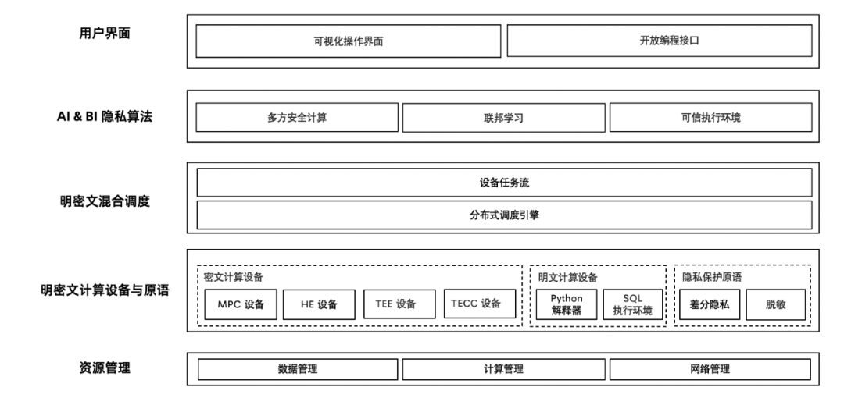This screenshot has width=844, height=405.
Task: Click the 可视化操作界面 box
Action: point(348,41)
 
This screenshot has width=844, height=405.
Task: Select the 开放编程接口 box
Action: point(659,41)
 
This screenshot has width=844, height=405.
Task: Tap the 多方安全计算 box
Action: point(297,118)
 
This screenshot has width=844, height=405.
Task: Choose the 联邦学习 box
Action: point(503,118)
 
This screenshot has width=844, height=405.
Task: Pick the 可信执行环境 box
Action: point(710,118)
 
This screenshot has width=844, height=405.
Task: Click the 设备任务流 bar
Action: point(504,183)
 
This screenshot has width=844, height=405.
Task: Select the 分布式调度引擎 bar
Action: point(504,215)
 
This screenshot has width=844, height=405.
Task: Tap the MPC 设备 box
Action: point(241,304)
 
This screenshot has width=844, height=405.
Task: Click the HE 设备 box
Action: point(319,304)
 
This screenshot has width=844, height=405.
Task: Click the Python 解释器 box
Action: point(567,305)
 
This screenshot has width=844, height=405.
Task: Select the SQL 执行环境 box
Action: point(632,305)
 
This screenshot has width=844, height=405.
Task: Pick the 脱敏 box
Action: point(774,304)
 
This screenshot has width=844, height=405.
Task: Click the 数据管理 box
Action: point(297,369)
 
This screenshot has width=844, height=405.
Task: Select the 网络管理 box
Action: point(710,369)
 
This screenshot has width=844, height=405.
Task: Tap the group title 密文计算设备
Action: point(233,277)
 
